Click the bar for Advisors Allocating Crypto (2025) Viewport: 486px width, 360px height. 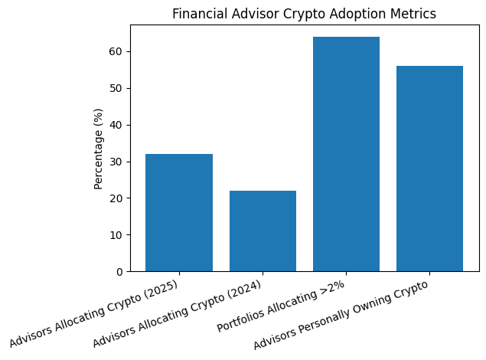tap(179, 213)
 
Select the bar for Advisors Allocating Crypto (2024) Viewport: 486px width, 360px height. tap(263, 231)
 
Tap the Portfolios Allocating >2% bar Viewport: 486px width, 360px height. tap(346, 154)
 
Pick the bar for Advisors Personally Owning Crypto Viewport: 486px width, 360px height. tap(429, 169)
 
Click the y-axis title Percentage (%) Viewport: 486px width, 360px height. tap(98, 149)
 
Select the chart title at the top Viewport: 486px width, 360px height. tap(304, 14)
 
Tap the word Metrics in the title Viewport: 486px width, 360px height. tap(414, 14)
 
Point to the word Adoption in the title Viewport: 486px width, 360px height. tap(360, 14)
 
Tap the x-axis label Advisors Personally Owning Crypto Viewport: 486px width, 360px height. tap(341, 316)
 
